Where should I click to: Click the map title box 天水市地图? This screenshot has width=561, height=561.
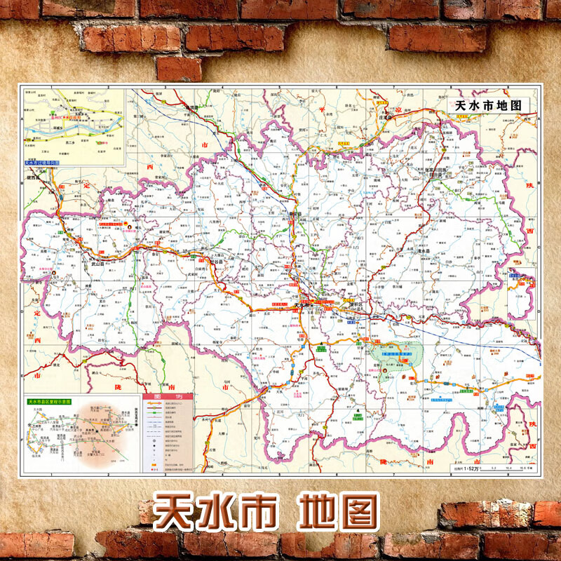pos(488,104)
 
